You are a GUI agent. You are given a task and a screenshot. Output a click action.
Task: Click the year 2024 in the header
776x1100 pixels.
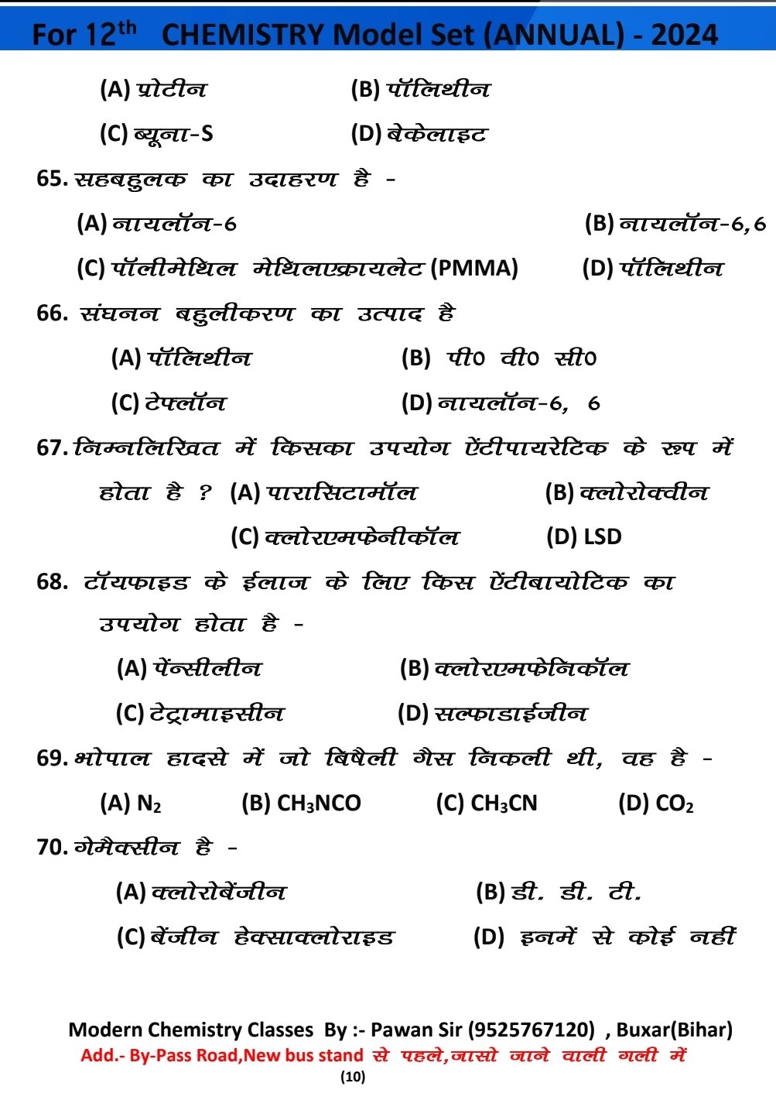pyautogui.click(x=684, y=35)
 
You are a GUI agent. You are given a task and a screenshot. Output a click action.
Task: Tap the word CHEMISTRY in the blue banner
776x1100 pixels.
pyautogui.click(x=243, y=35)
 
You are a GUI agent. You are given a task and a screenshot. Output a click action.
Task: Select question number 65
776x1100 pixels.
pyautogui.click(x=51, y=179)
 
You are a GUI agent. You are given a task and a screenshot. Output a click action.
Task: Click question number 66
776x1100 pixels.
pyautogui.click(x=52, y=314)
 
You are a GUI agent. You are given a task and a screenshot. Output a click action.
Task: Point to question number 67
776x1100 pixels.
pyautogui.click(x=52, y=447)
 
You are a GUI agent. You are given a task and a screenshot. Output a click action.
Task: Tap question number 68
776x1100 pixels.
pyautogui.click(x=52, y=581)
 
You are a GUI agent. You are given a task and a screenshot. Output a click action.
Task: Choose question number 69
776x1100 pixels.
pyautogui.click(x=52, y=758)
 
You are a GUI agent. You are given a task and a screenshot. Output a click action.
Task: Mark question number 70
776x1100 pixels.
pyautogui.click(x=52, y=847)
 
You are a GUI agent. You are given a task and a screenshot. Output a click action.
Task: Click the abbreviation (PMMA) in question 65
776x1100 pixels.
pyautogui.click(x=474, y=269)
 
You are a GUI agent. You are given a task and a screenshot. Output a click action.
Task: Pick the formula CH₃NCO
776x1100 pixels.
pyautogui.click(x=319, y=804)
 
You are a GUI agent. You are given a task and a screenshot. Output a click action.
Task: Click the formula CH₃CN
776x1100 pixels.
pyautogui.click(x=504, y=804)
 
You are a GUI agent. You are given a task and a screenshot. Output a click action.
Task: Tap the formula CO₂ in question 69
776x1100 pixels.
pyautogui.click(x=674, y=804)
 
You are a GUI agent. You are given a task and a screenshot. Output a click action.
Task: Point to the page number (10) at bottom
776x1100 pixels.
pyautogui.click(x=352, y=1076)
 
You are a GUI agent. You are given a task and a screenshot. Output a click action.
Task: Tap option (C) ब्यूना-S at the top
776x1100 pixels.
pyautogui.click(x=173, y=134)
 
